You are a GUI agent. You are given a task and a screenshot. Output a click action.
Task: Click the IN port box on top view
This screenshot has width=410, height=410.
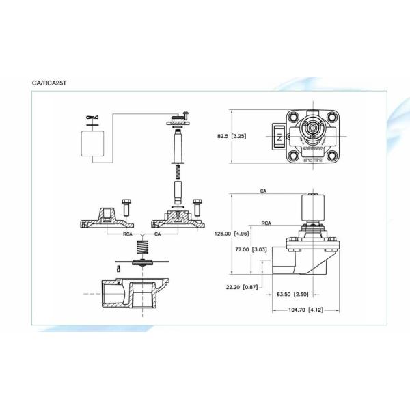pyautogui.click(x=279, y=136)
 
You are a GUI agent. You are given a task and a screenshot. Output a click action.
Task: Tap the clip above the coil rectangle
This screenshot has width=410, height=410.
pyautogui.click(x=92, y=118)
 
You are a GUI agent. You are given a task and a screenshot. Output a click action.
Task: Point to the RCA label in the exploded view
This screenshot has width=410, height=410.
pyautogui.click(x=128, y=234)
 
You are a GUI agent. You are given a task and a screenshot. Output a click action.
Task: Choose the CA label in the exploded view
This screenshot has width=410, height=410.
pyautogui.click(x=158, y=234)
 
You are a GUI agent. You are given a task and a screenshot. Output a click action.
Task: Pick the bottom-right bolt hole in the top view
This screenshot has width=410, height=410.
pyautogui.click(x=333, y=155)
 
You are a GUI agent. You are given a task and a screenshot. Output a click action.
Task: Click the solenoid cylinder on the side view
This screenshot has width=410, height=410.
pyautogui.click(x=315, y=209)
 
